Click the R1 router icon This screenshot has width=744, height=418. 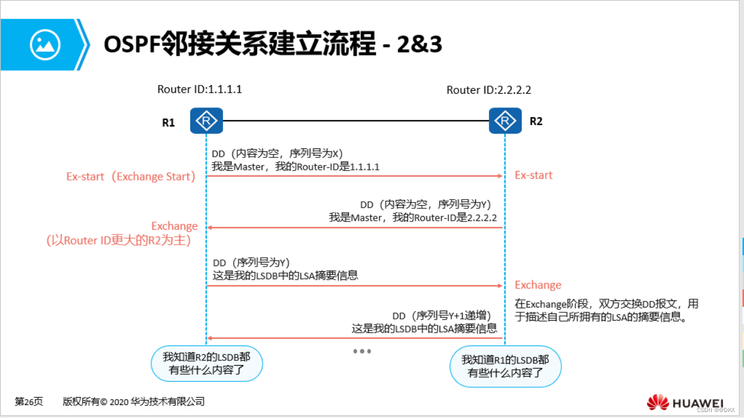(206, 121)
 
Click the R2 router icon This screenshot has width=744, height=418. (505, 121)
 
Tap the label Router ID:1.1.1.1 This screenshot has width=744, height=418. (199, 90)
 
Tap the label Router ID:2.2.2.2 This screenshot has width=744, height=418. (489, 90)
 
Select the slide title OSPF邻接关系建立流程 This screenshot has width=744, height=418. (240, 45)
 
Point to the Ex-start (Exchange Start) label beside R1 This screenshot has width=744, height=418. (131, 176)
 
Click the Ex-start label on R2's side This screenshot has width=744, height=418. (533, 175)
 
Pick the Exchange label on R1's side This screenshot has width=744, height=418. (174, 226)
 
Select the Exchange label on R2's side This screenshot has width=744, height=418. (538, 285)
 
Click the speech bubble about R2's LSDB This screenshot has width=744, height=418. (206, 363)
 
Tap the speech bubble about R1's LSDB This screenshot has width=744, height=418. (505, 366)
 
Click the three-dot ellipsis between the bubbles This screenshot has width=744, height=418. (362, 351)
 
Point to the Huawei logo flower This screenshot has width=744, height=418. (658, 403)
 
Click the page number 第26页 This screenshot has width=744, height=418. (29, 402)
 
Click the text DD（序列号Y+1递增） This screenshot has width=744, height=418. (441, 316)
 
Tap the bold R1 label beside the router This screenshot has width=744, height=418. (168, 123)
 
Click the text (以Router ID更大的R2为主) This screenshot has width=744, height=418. (118, 240)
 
